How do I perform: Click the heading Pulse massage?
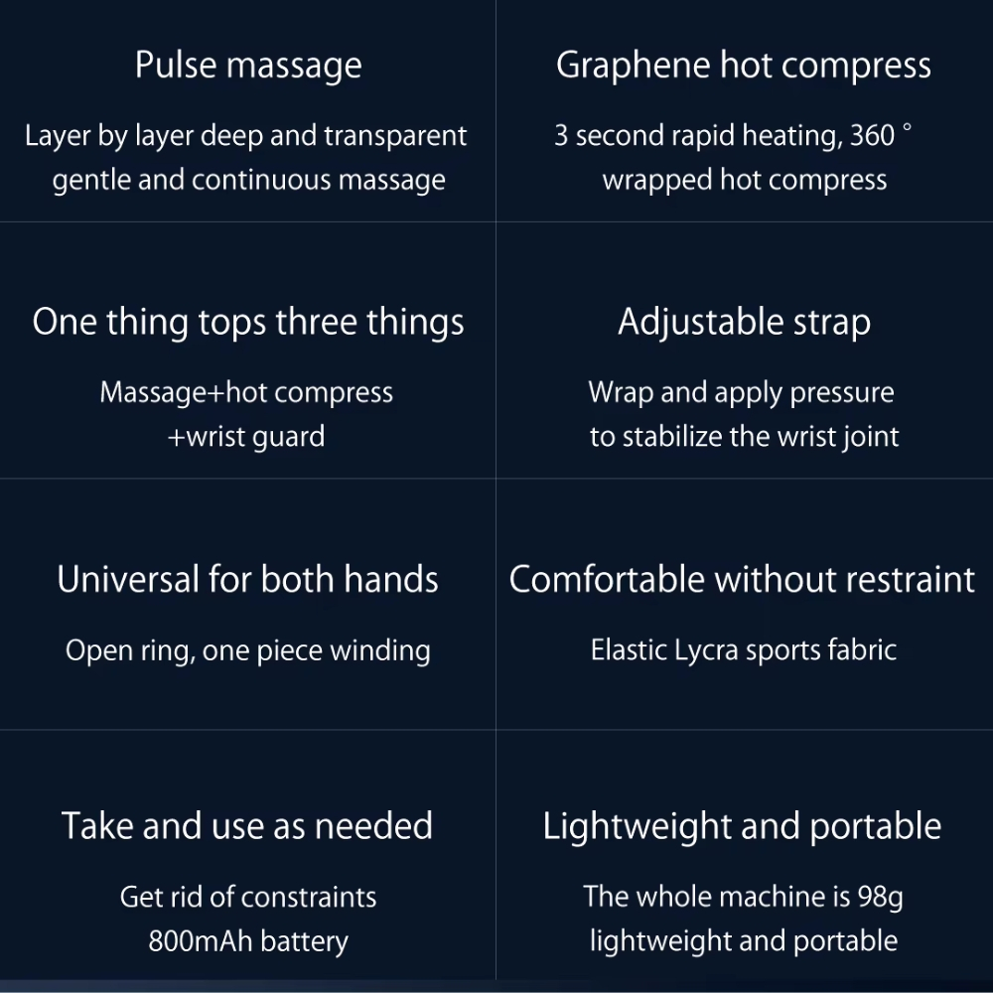click(x=248, y=67)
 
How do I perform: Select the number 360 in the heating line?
click(x=873, y=136)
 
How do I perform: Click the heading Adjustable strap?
click(x=744, y=323)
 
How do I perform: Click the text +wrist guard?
click(x=246, y=437)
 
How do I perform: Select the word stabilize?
click(x=672, y=437)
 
